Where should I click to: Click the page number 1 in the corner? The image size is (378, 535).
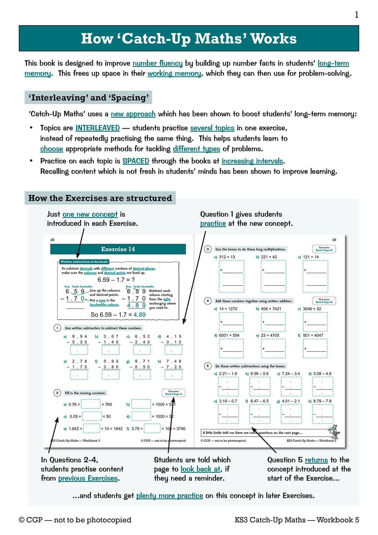356,15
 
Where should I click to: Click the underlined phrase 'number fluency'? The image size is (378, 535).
157,63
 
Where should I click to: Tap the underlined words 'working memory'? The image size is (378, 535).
174,74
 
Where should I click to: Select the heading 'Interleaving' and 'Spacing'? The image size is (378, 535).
89,98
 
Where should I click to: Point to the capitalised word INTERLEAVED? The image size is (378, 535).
98,128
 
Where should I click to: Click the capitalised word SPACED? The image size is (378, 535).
136,161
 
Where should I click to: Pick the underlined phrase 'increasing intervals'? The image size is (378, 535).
252,161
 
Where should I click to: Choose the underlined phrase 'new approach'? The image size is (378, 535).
133,114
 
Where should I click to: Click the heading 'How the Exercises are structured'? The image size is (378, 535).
100,198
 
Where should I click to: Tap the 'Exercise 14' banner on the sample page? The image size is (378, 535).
118,249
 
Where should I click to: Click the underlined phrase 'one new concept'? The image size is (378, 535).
90,214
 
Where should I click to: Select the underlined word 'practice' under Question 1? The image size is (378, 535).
213,223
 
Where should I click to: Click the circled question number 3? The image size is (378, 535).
208,249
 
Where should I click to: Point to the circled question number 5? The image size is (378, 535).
208,366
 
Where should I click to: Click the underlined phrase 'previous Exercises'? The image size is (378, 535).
88,478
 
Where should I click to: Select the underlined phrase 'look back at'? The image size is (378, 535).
201,469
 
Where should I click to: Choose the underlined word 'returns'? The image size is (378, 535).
316,460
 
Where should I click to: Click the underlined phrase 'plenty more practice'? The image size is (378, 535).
170,496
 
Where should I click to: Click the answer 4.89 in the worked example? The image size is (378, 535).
139,315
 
